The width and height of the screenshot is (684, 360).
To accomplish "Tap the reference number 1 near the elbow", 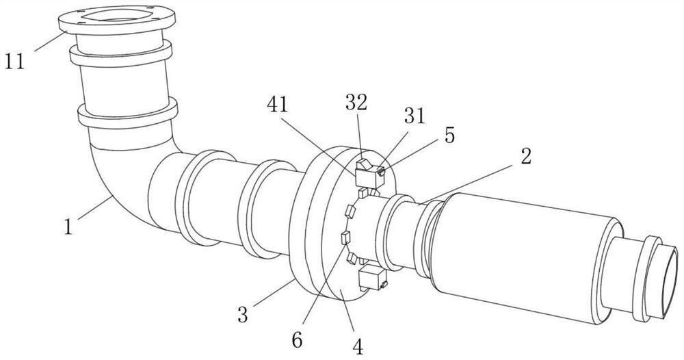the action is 68,227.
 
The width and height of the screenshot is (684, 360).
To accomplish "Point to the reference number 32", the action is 356,102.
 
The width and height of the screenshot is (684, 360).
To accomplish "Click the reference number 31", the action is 415,116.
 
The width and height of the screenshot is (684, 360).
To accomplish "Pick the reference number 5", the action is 449,136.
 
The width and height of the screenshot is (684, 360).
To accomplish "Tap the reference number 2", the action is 525,156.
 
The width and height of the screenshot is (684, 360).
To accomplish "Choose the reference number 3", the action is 243,314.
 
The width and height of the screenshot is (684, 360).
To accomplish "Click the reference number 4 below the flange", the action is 357,347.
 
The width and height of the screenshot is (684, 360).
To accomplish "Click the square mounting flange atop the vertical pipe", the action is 117,20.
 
